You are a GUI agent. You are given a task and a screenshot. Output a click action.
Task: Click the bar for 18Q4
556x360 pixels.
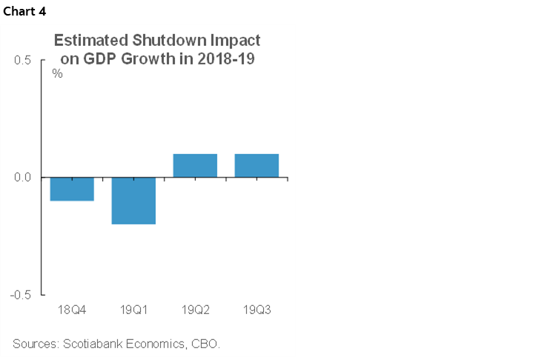pos(72,189)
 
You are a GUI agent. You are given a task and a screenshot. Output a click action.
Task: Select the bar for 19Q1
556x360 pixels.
pos(133,201)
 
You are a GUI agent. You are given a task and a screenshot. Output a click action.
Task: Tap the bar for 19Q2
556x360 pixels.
pos(195,166)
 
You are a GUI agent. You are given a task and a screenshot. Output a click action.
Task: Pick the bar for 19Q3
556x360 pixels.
pos(257,166)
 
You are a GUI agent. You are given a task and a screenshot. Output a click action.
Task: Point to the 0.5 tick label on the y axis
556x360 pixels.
pos(21,61)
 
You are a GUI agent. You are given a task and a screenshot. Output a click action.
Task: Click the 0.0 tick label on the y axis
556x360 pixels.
pos(21,178)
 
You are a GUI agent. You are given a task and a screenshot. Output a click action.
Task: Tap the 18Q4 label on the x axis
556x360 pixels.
pos(72,309)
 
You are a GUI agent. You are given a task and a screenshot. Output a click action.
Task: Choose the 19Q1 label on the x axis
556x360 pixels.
pos(133,309)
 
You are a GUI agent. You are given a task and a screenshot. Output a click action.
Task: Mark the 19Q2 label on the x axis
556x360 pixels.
pos(195,309)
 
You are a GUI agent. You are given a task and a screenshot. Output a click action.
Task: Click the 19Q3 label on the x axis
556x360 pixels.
pos(257,309)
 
